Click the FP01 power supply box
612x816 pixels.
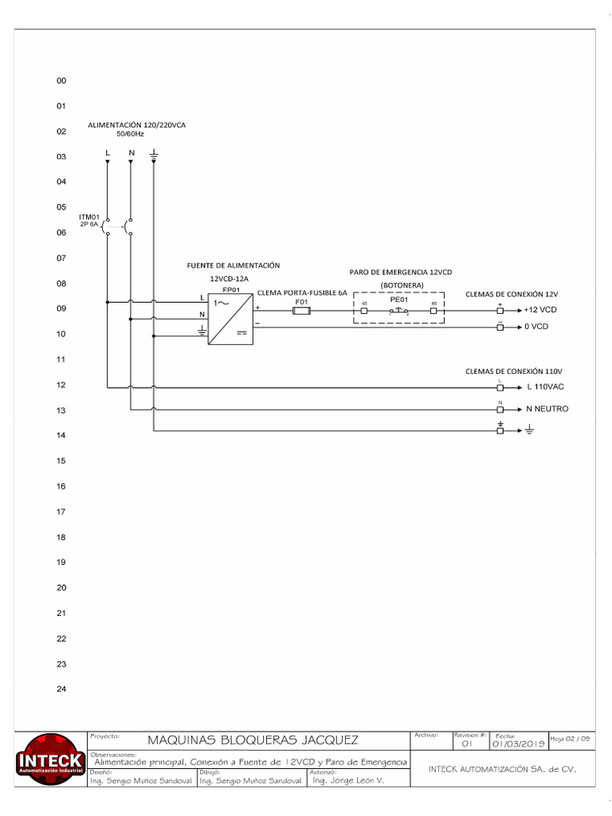pos(231,320)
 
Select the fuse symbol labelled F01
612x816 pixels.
pos(301,311)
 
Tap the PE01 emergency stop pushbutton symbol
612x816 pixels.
pos(398,311)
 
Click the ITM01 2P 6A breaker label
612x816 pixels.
pos(89,221)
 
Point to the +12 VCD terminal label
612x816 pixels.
pos(540,310)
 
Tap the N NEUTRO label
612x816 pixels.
pos(547,409)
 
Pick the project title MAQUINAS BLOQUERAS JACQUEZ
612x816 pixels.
pos(253,740)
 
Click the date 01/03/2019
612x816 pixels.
pos(518,743)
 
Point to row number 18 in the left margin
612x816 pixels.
pos(61,537)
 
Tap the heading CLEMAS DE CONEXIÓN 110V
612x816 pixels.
pos(514,371)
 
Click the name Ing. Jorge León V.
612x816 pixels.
pos(348,781)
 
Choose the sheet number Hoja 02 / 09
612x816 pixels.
pos(571,739)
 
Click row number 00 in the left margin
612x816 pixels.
pos(61,81)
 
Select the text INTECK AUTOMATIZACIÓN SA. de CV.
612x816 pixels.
pos(501,770)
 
